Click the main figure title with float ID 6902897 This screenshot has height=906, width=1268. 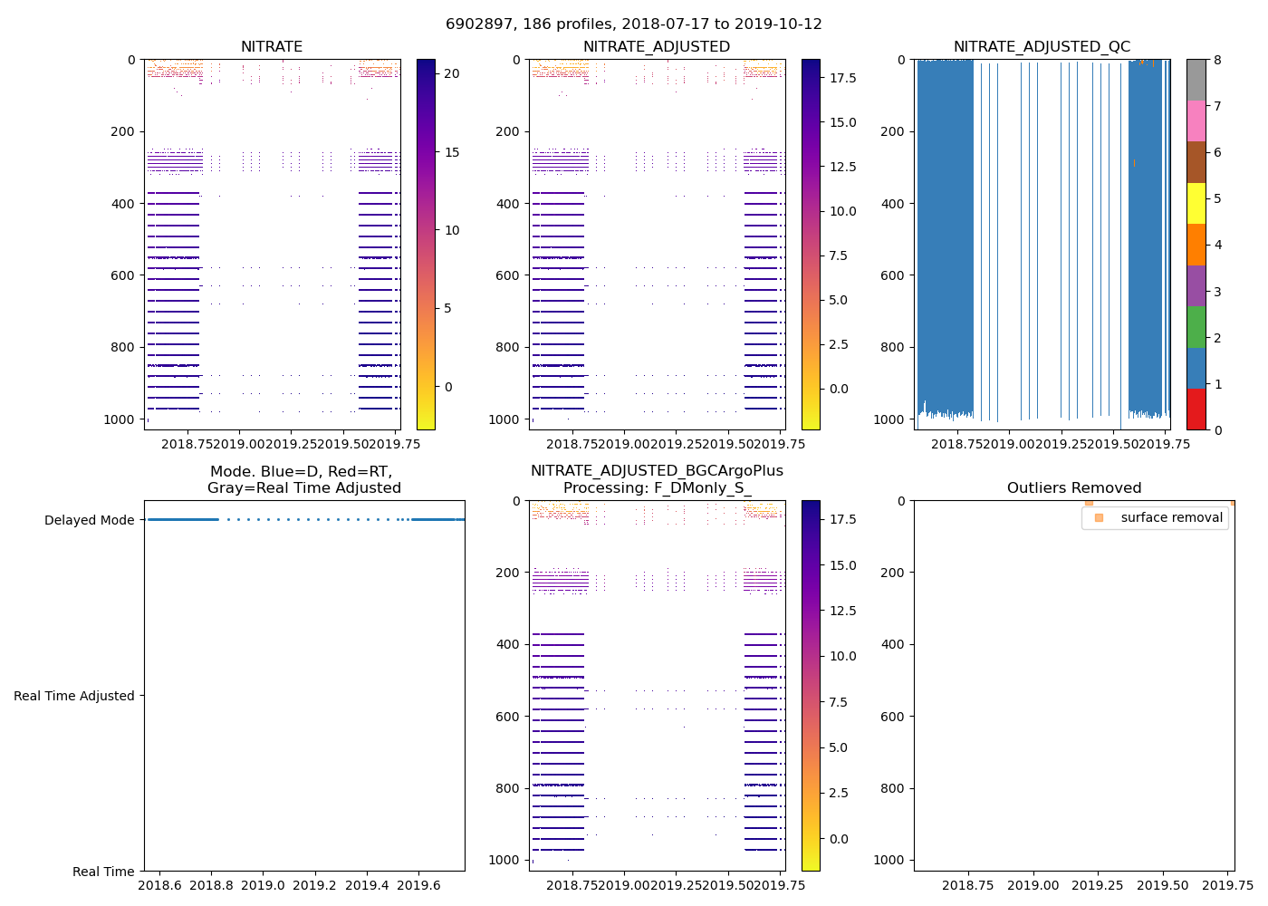click(x=634, y=24)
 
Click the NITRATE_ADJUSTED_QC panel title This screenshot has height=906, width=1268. click(x=1042, y=47)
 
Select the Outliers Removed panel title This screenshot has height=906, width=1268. click(x=1074, y=488)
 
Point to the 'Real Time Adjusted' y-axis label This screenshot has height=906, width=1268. click(x=73, y=696)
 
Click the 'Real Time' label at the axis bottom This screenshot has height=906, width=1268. click(x=103, y=872)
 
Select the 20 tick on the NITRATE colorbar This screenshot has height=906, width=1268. click(x=452, y=74)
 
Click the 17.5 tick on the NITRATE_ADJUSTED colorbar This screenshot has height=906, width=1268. click(x=842, y=79)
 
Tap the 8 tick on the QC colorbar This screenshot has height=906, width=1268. click(x=1218, y=60)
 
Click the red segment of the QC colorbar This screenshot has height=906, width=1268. click(x=1196, y=410)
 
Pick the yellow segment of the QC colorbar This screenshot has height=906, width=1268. click(x=1196, y=204)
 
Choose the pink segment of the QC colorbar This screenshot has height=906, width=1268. click(x=1196, y=121)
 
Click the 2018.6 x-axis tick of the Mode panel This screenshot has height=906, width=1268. click(x=160, y=884)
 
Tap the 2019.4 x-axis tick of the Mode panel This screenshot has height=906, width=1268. click(x=368, y=884)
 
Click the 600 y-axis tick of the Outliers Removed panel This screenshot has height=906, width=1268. click(x=893, y=717)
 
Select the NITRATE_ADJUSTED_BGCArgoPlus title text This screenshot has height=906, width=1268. click(x=657, y=471)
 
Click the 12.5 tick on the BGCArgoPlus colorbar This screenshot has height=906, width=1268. click(x=842, y=611)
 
